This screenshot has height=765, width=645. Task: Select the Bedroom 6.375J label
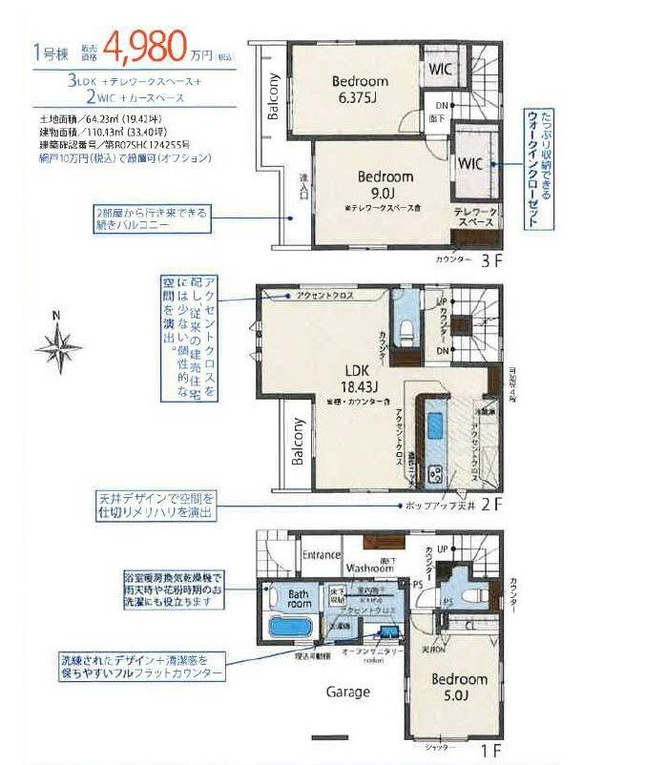(360, 89)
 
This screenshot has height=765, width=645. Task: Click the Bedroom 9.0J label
(385, 184)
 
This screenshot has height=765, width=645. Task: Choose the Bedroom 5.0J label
(459, 688)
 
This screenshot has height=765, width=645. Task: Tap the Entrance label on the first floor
(322, 555)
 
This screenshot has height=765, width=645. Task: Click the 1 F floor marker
(492, 752)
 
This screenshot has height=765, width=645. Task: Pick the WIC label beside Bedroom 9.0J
(470, 164)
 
